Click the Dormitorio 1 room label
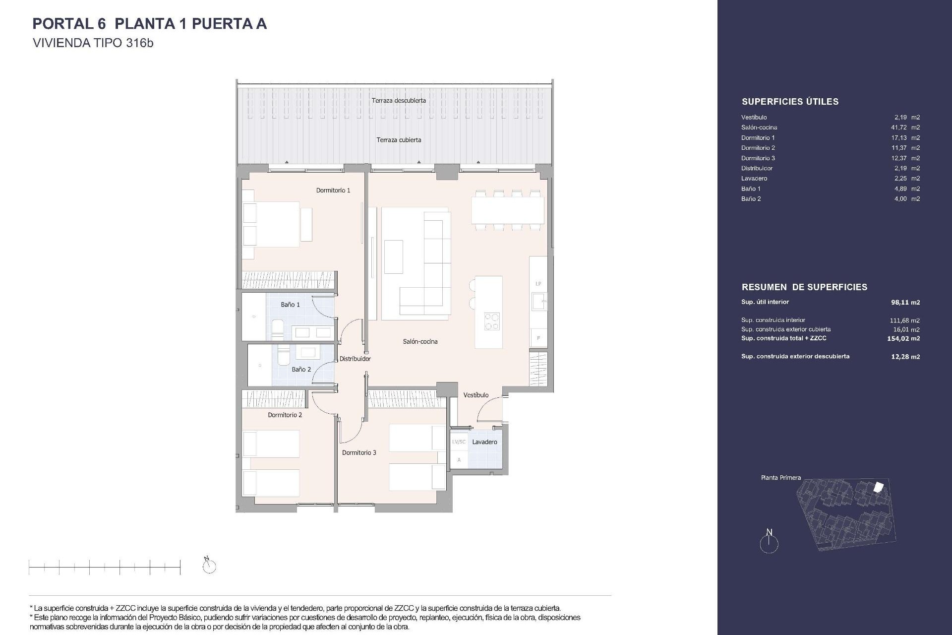[333, 190]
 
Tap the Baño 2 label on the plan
[301, 369]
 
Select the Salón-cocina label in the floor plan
[420, 341]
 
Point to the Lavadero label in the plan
[484, 442]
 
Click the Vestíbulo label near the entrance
[476, 395]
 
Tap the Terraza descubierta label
[399, 100]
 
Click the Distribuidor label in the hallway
[355, 359]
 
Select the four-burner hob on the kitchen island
[491, 320]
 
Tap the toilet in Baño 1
[278, 327]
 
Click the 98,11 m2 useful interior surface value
[905, 302]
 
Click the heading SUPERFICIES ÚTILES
[790, 102]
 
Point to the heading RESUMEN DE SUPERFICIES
[804, 287]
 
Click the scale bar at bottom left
[105, 566]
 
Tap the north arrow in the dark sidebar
[769, 542]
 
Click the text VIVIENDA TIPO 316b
[93, 43]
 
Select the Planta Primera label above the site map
[780, 478]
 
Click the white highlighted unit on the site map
[878, 488]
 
